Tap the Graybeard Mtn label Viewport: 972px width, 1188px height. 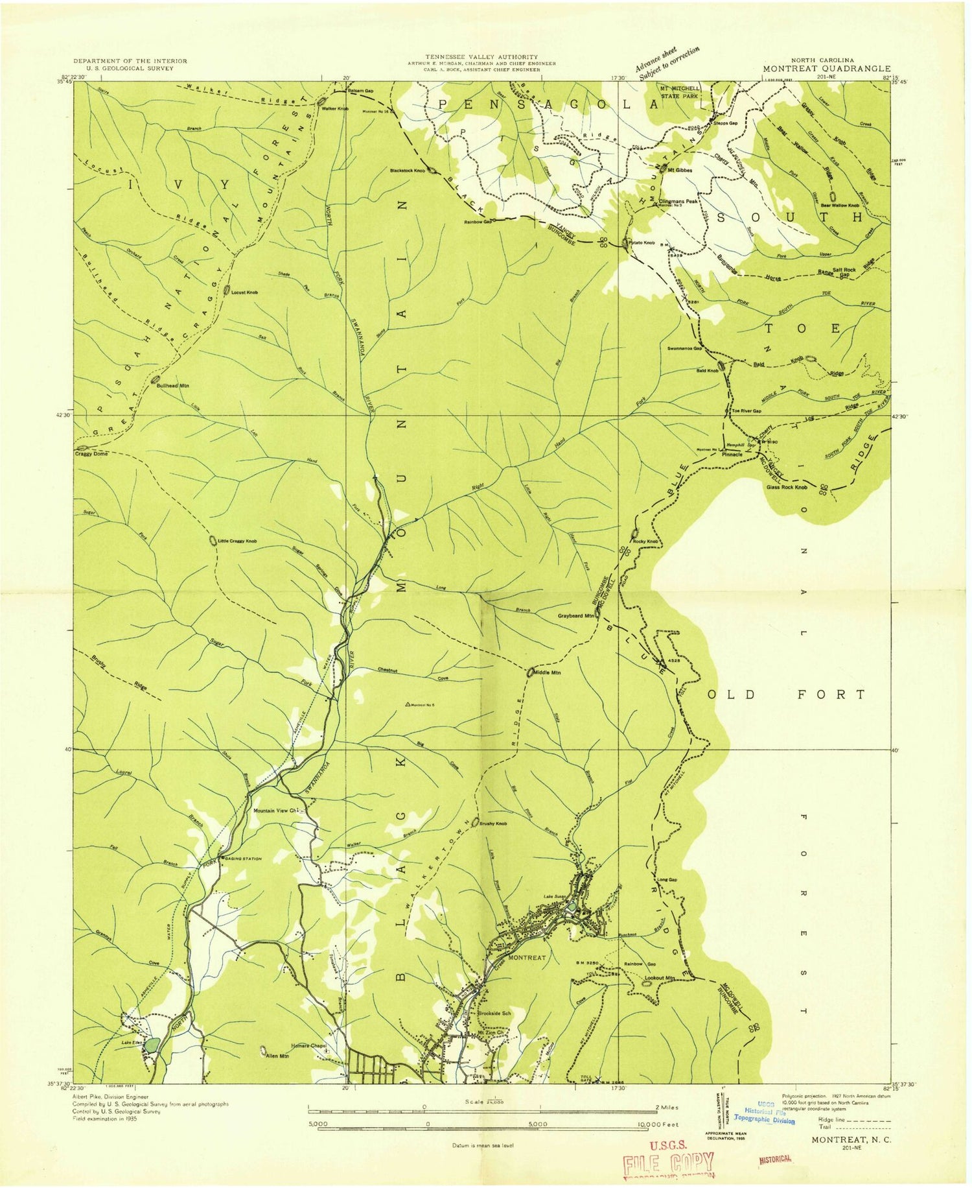[x=575, y=615]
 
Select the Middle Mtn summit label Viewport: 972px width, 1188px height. [x=547, y=672]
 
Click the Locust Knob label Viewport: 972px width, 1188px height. [x=244, y=292]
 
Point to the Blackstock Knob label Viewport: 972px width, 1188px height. [x=407, y=171]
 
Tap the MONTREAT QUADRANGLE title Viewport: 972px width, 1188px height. [x=826, y=68]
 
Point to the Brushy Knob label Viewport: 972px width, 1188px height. [x=493, y=824]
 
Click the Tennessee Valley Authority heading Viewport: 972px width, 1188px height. [x=481, y=57]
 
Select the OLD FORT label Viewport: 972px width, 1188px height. [x=787, y=695]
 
